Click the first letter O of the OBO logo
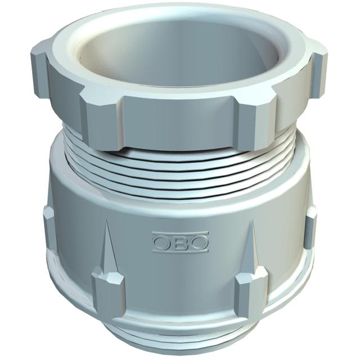pyautogui.click(x=161, y=242)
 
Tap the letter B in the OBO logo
pyautogui.click(x=179, y=243)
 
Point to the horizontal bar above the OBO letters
pyautogui.click(x=180, y=233)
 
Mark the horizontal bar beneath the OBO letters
pyautogui.click(x=181, y=251)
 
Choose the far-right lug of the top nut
pyautogui.click(x=319, y=74)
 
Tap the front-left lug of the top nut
pyautogui.click(x=101, y=121)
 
